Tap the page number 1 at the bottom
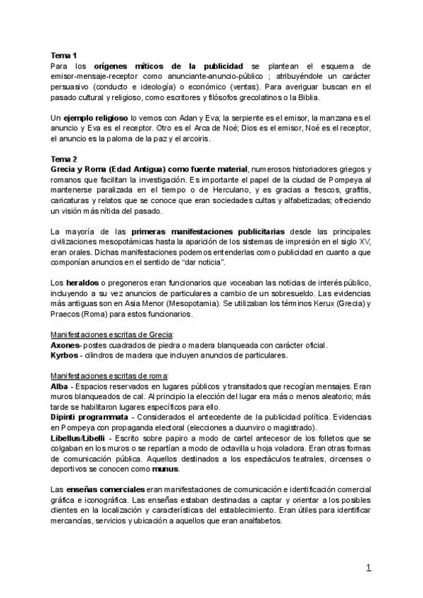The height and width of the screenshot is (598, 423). click(368, 568)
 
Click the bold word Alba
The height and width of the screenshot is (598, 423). click(59, 388)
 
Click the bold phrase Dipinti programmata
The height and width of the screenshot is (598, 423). click(89, 417)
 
